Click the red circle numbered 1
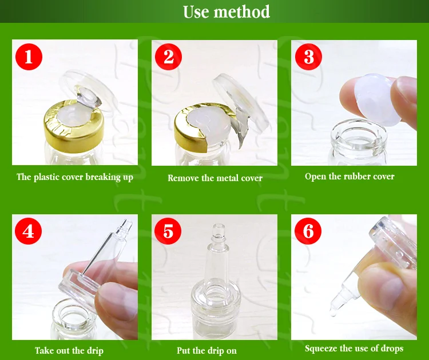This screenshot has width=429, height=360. [29, 57]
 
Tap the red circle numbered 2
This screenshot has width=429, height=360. [168, 57]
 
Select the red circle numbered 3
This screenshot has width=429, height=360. [309, 57]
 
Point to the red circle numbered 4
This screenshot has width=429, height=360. [29, 231]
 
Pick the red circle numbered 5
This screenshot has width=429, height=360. [168, 231]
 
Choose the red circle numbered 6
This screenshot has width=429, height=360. [308, 231]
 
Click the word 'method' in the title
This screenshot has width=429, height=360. [242, 12]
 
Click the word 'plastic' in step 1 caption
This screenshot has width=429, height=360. [47, 177]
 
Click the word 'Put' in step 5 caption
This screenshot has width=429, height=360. [184, 350]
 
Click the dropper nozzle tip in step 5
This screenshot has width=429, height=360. [219, 229]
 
